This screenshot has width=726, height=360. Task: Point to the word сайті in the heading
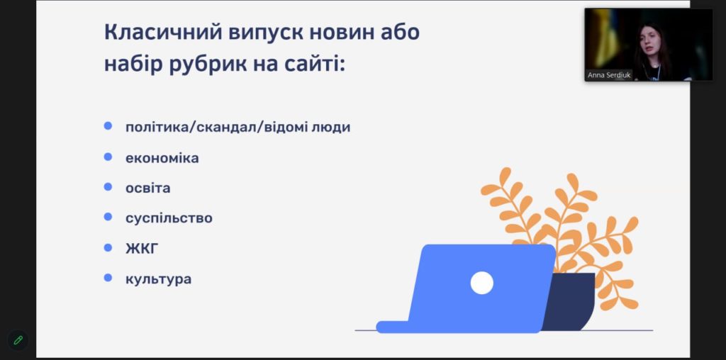[315, 63]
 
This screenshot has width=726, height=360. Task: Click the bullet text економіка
[162, 158]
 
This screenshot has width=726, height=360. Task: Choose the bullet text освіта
[147, 188]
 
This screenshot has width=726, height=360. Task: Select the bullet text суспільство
[169, 218]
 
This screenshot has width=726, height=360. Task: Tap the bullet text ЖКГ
[142, 249]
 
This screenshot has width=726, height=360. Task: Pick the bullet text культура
[158, 279]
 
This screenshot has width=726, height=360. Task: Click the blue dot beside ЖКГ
[108, 247]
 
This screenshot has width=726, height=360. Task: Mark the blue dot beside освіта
[108, 187]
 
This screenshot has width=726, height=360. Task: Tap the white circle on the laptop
[481, 283]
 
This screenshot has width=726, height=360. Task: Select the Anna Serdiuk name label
[609, 74]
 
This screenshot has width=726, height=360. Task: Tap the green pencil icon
[18, 341]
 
